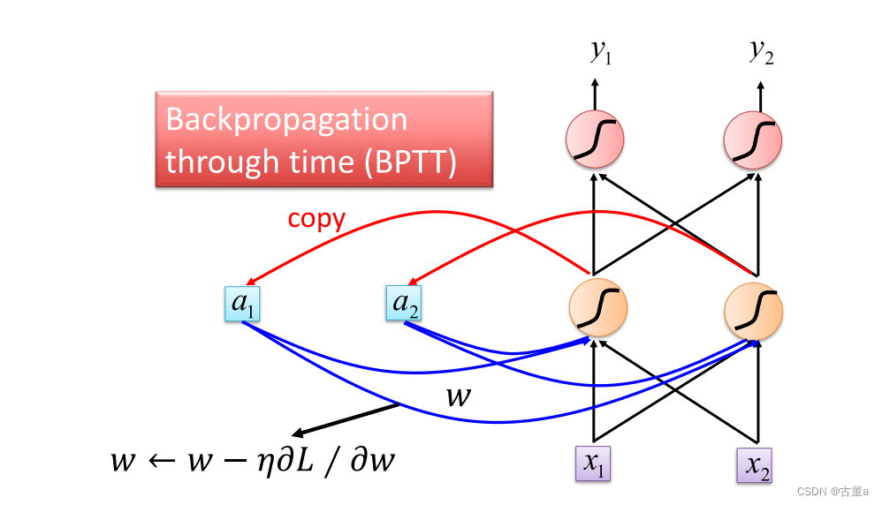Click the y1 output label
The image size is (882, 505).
point(601,53)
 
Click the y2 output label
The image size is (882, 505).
point(761,52)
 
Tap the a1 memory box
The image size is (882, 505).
point(241,303)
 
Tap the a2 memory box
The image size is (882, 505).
point(403,303)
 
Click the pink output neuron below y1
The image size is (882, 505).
point(595,139)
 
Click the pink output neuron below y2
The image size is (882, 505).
point(753,139)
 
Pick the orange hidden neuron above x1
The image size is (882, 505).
point(597,309)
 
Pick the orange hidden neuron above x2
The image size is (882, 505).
point(753,311)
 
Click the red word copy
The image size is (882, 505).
point(316,219)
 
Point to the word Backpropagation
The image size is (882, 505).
point(286,120)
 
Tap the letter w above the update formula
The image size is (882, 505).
point(458,396)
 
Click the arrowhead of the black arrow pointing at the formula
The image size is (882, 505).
point(298,433)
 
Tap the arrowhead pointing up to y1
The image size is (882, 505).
point(594,83)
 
